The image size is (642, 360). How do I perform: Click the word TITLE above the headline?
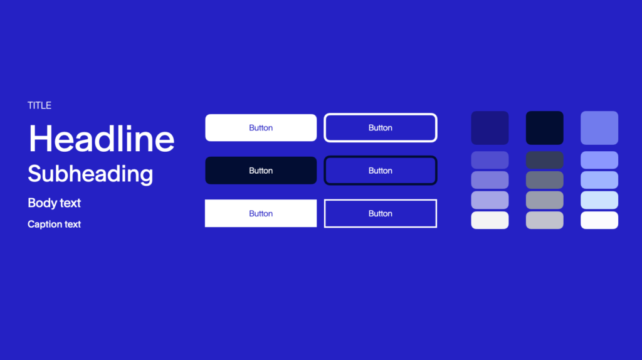pos(39,105)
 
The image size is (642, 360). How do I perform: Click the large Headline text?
pos(101,139)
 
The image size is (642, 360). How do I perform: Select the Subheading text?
pos(90,174)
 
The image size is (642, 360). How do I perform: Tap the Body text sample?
pos(54,203)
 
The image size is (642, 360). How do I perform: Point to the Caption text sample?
pos(54,224)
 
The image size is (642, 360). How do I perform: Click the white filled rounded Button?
pos(261,128)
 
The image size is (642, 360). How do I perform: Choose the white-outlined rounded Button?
pos(381,128)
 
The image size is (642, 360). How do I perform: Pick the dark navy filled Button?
pos(261,171)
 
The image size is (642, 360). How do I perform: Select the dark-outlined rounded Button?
pos(381,171)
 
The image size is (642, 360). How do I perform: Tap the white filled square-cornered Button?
pos(261,213)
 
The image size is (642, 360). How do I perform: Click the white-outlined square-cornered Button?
pos(381,213)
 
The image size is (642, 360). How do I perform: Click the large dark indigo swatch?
pos(490,128)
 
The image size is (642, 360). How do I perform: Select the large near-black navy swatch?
pos(545,128)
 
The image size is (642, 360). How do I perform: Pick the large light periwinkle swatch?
pos(599,128)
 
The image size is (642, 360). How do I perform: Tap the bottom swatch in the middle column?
pos(545,220)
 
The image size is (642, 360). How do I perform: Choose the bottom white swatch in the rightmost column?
pos(599,220)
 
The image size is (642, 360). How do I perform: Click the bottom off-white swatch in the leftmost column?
pos(490,220)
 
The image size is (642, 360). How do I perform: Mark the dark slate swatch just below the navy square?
pos(545,160)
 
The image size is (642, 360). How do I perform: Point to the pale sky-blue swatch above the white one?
pos(599,200)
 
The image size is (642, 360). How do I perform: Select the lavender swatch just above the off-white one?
pos(490,200)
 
